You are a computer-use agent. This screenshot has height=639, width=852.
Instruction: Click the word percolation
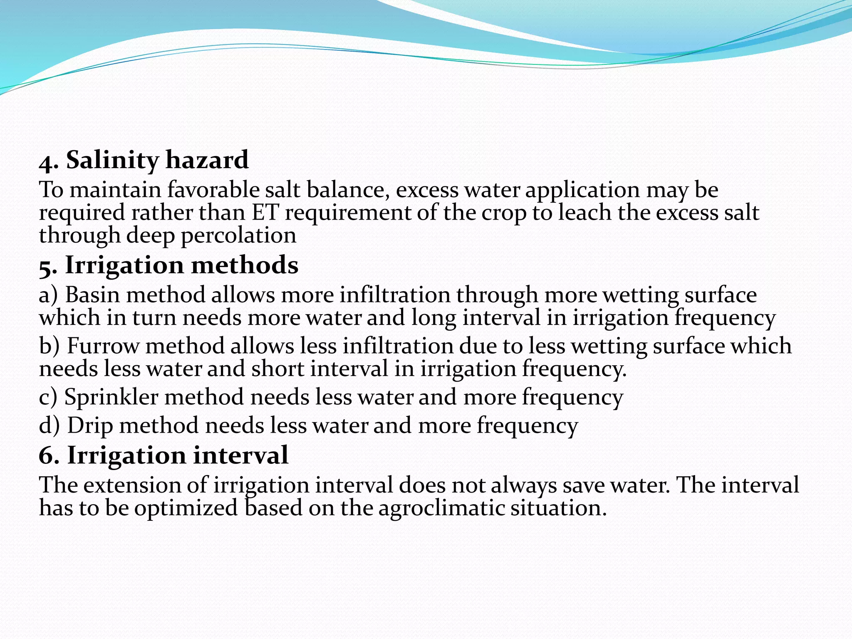pos(238,236)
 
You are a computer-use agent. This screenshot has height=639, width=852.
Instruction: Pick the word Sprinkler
pos(111,397)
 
